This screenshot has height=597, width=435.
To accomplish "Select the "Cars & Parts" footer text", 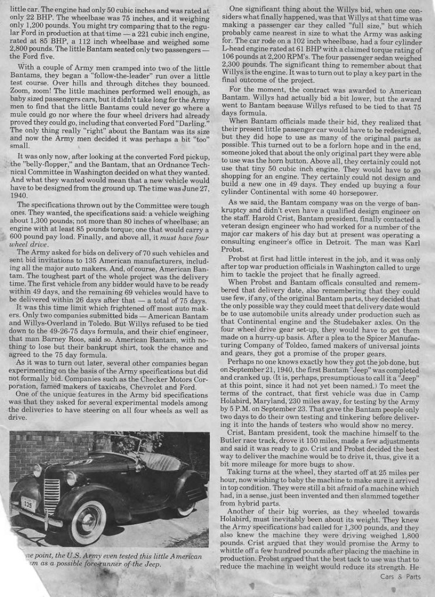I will pos(399,577).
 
